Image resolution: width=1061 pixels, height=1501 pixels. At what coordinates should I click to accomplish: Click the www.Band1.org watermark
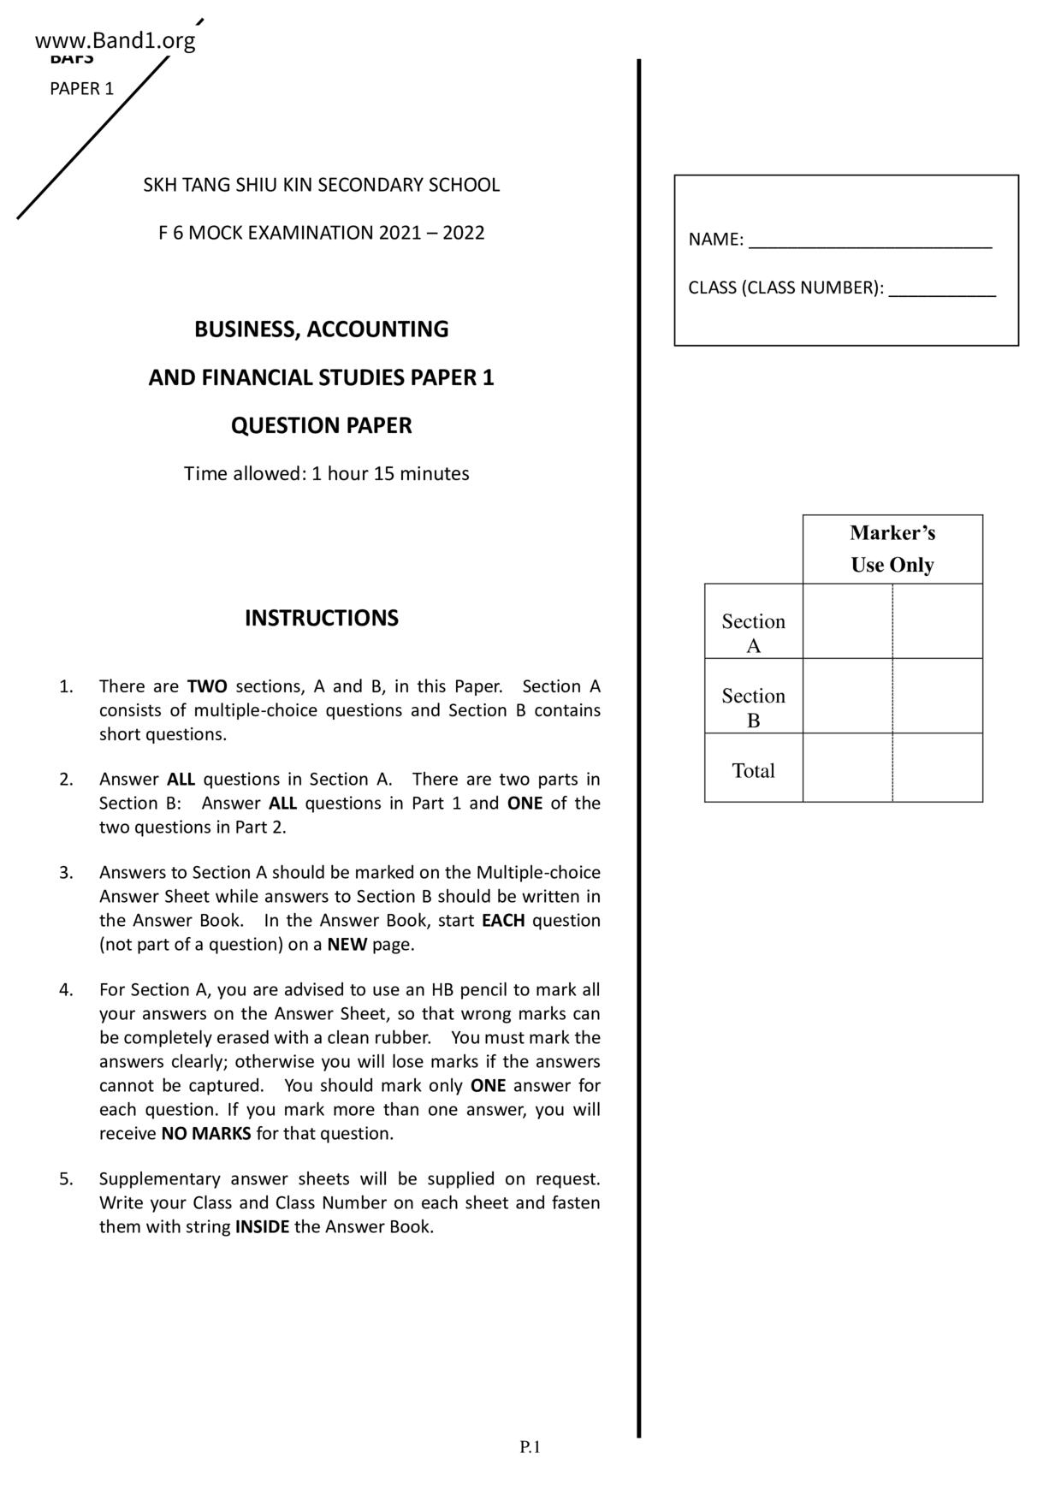[x=116, y=40]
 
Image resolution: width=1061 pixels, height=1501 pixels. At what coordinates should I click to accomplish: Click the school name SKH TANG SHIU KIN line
[x=321, y=185]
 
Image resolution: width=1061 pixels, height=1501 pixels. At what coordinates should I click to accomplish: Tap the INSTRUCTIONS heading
[x=321, y=618]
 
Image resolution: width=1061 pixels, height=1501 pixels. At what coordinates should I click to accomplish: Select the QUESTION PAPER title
[x=321, y=425]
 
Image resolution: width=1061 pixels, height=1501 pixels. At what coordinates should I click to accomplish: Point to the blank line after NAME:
[x=869, y=240]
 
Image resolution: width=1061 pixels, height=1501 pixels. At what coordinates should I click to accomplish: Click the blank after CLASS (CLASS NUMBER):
[x=941, y=289]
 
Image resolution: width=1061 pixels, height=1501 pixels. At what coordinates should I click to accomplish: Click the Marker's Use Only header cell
[x=892, y=549]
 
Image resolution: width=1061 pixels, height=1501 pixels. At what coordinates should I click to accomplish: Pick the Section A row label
[x=753, y=632]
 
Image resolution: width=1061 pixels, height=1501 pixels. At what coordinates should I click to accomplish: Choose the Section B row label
[x=753, y=707]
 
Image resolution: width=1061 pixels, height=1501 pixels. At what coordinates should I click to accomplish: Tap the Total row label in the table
[x=753, y=770]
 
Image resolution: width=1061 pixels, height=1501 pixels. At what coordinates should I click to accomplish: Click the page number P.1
[x=530, y=1446]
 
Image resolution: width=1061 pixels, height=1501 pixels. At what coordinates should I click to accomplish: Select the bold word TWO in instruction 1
[x=207, y=686]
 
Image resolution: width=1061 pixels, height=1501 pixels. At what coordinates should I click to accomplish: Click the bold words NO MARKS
[x=206, y=1133]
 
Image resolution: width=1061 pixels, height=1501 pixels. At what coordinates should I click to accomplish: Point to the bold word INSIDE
[x=262, y=1226]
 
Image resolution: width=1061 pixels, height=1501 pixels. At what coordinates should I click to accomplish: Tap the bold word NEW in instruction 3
[x=347, y=945]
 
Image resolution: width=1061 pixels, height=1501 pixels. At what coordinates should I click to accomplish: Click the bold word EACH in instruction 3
[x=503, y=921]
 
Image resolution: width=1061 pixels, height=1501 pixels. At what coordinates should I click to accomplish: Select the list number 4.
[x=66, y=989]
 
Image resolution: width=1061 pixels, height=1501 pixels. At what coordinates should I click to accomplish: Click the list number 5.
[x=66, y=1178]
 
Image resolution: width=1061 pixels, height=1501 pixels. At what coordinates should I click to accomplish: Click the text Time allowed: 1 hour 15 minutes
[x=326, y=473]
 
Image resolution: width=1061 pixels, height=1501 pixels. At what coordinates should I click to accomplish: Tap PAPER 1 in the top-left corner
[x=81, y=89]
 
